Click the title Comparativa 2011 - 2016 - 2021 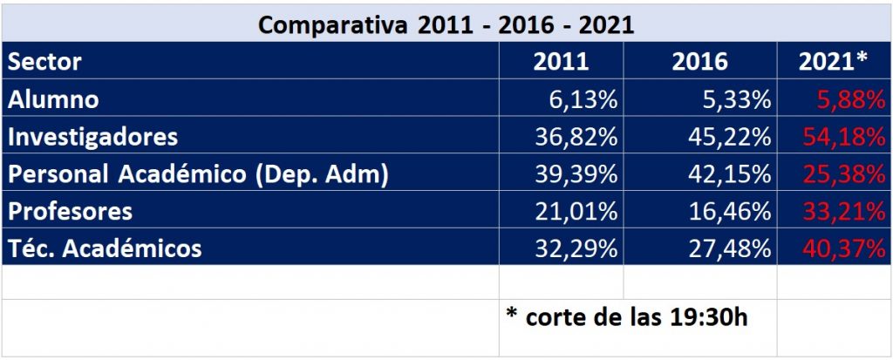click(446, 24)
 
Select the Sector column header click(44, 62)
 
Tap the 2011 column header click(561, 63)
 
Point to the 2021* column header click(834, 63)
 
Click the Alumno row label click(53, 99)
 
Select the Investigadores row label click(92, 137)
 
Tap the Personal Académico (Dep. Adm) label click(197, 173)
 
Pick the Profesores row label click(71, 211)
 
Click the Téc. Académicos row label click(105, 248)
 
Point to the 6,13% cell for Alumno click(583, 100)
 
